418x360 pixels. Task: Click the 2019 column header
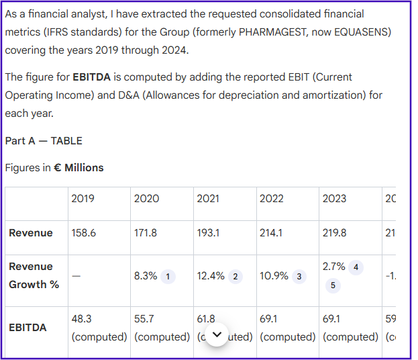pos(83,199)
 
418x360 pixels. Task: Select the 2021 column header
pos(208,199)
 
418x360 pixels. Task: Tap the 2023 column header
pos(334,199)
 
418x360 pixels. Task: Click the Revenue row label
pos(31,233)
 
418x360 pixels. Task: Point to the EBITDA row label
pos(28,328)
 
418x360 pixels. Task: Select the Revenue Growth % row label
pos(34,275)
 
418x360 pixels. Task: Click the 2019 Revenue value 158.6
pos(84,233)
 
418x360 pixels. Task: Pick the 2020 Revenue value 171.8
pos(146,233)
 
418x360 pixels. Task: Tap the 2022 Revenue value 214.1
pos(272,233)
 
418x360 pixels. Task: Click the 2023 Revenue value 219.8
pos(335,233)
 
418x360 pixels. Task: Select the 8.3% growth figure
pos(146,276)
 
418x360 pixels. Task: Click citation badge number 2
pos(235,277)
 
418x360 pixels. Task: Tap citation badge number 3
pos(299,277)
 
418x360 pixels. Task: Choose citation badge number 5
pos(334,285)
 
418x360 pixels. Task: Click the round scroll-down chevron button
pos(217,334)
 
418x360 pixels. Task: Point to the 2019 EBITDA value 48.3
pos(81,319)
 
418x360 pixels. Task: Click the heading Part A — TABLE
pos(44,141)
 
